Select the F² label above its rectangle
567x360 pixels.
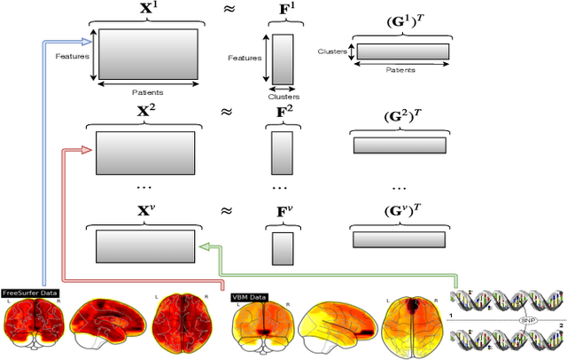(x=281, y=113)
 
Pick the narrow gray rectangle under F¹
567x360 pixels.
(x=282, y=59)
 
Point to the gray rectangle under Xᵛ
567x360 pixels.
(x=145, y=242)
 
